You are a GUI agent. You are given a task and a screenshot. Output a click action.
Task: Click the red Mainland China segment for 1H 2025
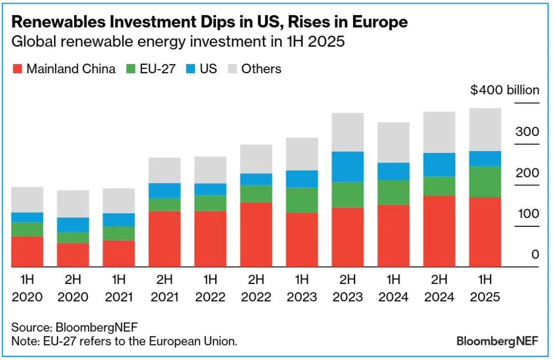485,232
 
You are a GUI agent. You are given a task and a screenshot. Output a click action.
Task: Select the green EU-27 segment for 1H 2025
485,182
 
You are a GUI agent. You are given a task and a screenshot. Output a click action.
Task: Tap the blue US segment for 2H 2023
348,166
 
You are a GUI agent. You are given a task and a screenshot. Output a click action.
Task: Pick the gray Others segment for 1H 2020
27,200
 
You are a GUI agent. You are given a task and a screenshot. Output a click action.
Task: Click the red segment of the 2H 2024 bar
439,231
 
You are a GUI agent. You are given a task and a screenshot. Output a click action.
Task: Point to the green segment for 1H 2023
302,200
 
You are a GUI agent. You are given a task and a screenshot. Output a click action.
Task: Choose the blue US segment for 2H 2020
73,224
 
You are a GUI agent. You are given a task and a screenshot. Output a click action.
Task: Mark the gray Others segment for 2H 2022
256,159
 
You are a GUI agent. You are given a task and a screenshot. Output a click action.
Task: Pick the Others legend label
261,69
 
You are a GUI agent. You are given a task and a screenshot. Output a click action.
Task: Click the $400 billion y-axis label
504,90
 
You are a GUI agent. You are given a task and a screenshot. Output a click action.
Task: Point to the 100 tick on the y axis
527,214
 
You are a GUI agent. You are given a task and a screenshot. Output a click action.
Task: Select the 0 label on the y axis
535,254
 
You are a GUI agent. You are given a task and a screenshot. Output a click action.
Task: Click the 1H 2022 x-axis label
210,288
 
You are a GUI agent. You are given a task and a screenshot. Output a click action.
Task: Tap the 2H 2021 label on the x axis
165,288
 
